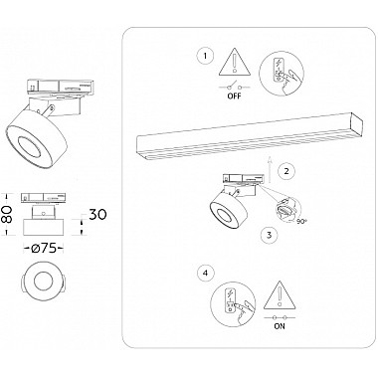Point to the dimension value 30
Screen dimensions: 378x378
coord(97,214)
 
